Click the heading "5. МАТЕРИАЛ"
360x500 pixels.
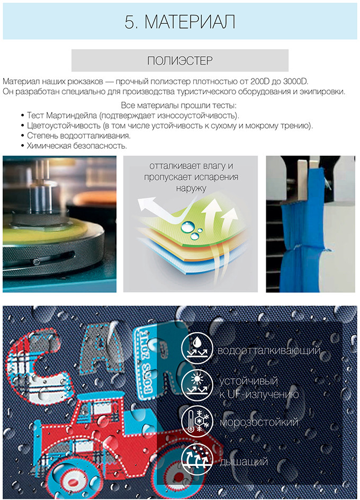click(180, 22)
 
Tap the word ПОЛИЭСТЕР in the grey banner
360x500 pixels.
click(180, 60)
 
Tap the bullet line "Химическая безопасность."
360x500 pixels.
click(77, 146)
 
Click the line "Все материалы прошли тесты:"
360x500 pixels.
click(178, 105)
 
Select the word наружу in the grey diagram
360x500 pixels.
click(191, 188)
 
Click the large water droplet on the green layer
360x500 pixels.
click(187, 227)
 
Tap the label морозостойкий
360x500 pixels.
click(259, 422)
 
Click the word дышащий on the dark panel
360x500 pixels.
click(244, 462)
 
